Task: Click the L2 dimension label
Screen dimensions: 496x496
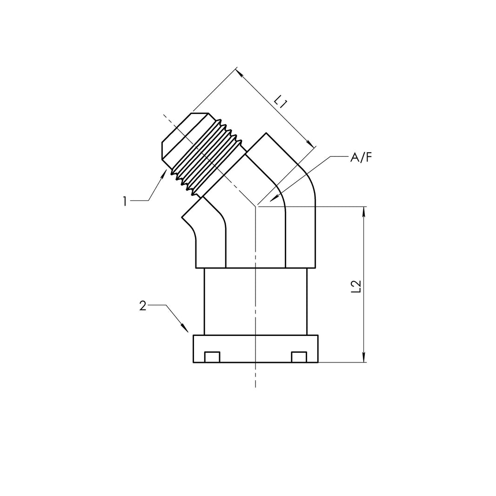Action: (355, 287)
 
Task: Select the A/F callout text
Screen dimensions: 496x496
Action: (361, 158)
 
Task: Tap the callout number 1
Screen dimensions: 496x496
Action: (125, 201)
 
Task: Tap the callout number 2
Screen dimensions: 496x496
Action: (143, 306)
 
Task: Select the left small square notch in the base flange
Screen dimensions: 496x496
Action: (212, 357)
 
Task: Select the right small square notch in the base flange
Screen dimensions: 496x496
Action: (299, 357)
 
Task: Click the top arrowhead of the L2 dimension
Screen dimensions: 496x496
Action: (364, 211)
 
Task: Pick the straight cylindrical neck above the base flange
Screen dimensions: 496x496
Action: (255, 301)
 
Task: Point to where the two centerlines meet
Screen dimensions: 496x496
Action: (255, 206)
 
